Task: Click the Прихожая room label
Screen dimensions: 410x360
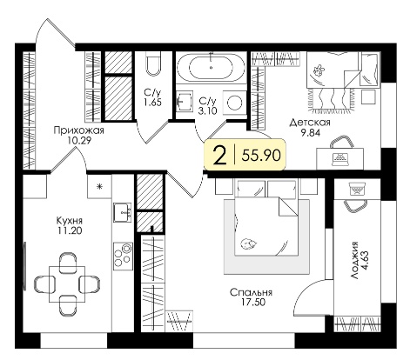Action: click(x=78, y=130)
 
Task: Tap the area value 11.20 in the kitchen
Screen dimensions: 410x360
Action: click(x=70, y=230)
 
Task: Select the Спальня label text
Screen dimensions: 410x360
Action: click(x=251, y=292)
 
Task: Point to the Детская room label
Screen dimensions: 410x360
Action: click(x=310, y=123)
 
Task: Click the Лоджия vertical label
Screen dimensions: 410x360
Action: click(x=357, y=261)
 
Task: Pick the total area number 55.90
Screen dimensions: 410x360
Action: click(x=261, y=156)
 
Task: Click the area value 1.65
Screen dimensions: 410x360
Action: click(x=152, y=103)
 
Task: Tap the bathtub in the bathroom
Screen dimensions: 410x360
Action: click(x=211, y=68)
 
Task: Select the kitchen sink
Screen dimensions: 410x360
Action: click(x=123, y=212)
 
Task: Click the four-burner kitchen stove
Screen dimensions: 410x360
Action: click(x=123, y=257)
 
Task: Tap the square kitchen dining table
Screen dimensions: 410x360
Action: click(x=67, y=284)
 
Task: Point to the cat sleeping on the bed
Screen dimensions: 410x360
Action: click(x=247, y=243)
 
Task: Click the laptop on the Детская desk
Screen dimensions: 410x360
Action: click(x=340, y=158)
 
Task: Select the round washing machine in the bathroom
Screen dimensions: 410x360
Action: click(x=234, y=103)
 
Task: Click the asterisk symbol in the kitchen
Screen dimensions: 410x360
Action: click(x=99, y=186)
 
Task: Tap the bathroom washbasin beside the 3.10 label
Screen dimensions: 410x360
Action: click(x=185, y=101)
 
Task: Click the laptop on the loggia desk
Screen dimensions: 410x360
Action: click(x=357, y=189)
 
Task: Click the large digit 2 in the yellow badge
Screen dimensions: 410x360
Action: click(x=219, y=156)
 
